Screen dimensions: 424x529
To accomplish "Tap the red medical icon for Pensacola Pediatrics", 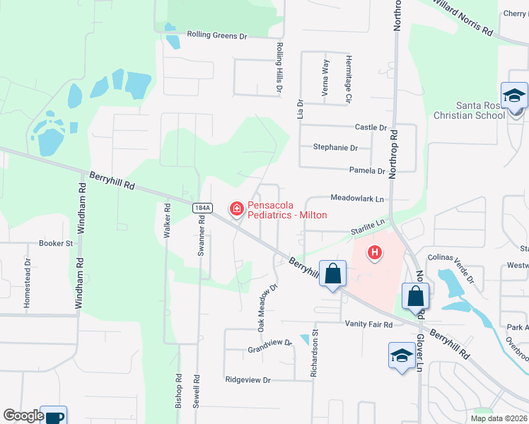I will pos(236,208).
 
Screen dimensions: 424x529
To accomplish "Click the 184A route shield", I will pos(201,206).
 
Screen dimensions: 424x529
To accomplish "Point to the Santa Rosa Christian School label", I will pos(470,110).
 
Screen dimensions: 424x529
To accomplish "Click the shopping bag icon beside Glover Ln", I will pos(415,295).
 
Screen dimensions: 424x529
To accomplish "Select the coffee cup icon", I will pos(54,416).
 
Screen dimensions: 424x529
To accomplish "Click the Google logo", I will pos(23,416).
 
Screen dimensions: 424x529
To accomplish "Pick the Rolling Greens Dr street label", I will pos(217,35).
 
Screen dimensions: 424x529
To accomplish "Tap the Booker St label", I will pos(56,243).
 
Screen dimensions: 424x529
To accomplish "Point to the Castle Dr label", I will pos(371,128).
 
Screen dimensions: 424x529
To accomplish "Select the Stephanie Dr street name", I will pos(335,148).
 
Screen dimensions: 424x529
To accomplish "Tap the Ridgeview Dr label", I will pos(248,379).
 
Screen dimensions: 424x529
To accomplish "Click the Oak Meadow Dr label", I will pos(266,308).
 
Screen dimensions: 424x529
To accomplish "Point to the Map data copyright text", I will pos(499,418).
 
